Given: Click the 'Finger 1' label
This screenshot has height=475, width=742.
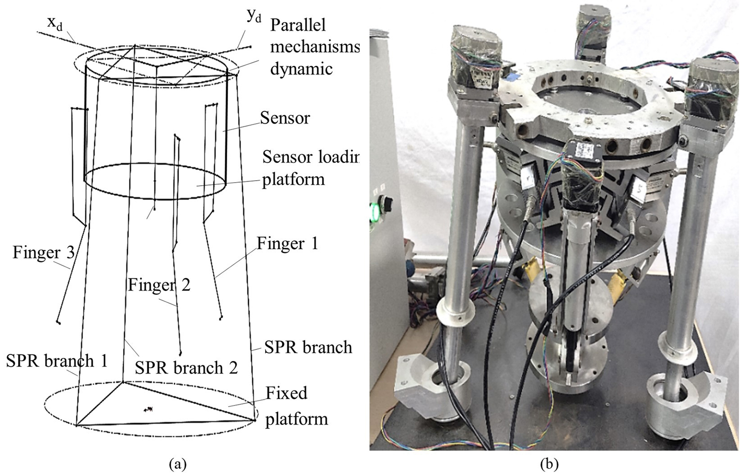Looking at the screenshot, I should click(x=287, y=244).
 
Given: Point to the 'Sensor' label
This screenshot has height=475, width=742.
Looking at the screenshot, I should click(x=285, y=118).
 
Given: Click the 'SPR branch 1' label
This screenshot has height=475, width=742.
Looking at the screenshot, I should click(x=57, y=361).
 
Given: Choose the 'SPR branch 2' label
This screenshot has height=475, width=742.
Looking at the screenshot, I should click(x=186, y=367).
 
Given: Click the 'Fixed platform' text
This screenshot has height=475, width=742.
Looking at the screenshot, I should click(x=293, y=406).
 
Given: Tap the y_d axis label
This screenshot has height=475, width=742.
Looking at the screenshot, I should click(x=254, y=16).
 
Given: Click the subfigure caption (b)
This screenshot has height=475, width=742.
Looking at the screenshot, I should click(x=549, y=465).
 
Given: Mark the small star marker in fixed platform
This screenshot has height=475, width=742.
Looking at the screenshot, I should click(x=148, y=409).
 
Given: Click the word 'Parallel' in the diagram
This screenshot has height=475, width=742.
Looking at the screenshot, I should click(x=298, y=25).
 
